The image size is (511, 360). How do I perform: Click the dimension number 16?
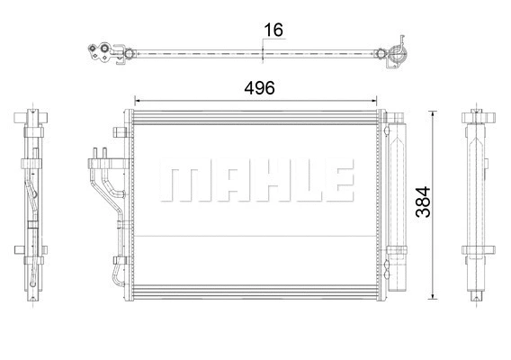point(273,30)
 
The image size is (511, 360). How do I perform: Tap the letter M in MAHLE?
point(181,183)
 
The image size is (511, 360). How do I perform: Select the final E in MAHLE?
point(331,183)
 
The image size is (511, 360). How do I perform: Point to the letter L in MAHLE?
point(295,183)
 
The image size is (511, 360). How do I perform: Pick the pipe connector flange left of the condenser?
point(100,163)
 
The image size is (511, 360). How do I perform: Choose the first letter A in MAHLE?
point(219,183)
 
